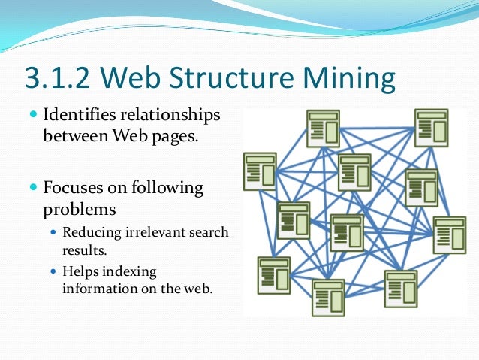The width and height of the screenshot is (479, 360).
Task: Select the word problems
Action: [79, 207]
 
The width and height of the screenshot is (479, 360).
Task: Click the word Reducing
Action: [89, 232]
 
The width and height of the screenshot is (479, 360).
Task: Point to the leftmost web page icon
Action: [260, 171]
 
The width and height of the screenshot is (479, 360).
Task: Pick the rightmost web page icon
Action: [449, 235]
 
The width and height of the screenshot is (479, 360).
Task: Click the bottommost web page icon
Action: [327, 298]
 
